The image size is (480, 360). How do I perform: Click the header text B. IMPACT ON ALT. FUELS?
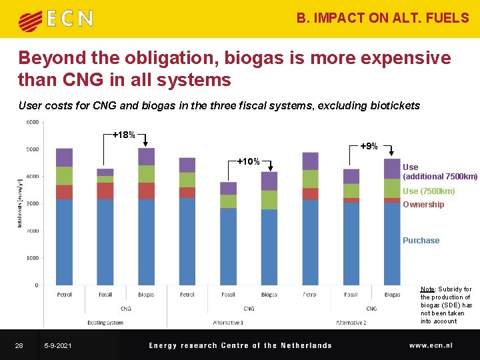[383, 18]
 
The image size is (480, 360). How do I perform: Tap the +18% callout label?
[124, 135]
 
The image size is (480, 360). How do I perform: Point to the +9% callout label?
[369, 146]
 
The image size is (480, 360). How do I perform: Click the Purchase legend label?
[421, 241]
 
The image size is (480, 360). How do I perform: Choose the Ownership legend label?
[423, 205]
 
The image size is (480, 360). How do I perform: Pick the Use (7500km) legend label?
[428, 191]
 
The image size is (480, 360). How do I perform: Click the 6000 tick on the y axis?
[33, 122]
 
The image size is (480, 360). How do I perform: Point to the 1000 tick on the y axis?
[33, 258]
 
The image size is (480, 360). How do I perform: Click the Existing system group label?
[105, 323]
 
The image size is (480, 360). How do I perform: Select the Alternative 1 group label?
[228, 323]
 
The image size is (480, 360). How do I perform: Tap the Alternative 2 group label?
[351, 323]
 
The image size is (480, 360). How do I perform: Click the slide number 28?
[19, 345]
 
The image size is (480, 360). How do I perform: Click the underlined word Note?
[427, 289]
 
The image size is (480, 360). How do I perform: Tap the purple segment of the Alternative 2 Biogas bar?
[392, 169]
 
